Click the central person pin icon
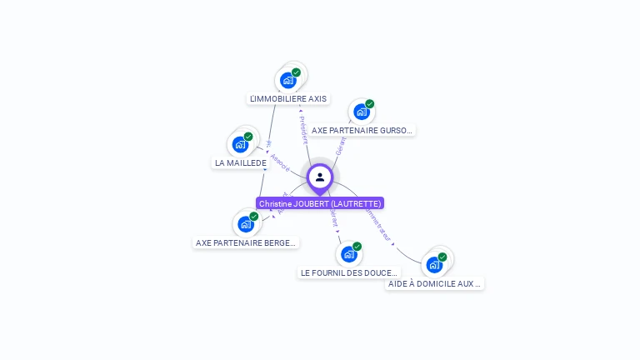click(320, 177)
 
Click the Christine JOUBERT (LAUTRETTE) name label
click(320, 203)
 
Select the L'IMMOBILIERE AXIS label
click(288, 98)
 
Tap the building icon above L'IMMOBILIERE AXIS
click(287, 80)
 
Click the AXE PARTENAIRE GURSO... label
click(362, 130)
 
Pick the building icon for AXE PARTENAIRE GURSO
click(361, 111)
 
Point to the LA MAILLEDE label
click(241, 162)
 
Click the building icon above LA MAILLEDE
click(240, 144)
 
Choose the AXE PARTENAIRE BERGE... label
click(246, 242)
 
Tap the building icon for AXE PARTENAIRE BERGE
click(245, 223)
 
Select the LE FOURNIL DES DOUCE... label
click(349, 272)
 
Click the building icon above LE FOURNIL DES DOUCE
click(348, 253)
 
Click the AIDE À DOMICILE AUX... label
click(435, 283)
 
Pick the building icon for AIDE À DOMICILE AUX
click(433, 265)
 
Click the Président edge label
click(303, 128)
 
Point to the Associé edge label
click(280, 162)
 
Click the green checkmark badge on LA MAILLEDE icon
click(248, 137)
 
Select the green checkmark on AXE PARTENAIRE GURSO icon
click(369, 104)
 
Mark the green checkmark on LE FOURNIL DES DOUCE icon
click(357, 246)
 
